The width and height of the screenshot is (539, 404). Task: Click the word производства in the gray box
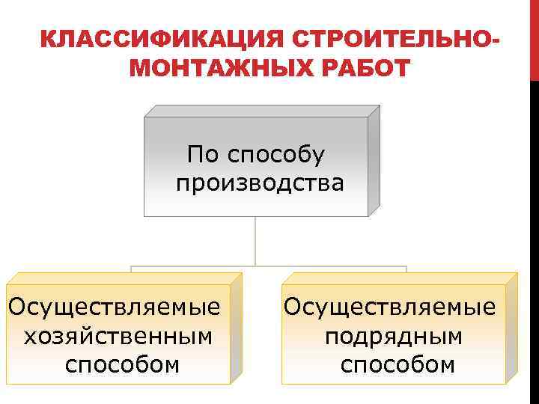[260, 183]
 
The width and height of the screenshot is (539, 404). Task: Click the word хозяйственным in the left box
[118, 336]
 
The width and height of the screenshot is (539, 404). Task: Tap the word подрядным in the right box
[393, 336]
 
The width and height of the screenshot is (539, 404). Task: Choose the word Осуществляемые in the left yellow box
[114, 307]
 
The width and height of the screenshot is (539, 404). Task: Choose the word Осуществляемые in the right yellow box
[389, 307]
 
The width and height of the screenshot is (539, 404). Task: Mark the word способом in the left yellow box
[122, 364]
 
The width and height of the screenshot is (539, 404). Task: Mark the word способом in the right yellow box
[398, 364]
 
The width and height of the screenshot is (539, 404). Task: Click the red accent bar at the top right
[534, 37]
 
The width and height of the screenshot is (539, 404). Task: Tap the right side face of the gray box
[374, 160]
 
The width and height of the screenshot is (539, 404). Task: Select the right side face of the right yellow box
[511, 328]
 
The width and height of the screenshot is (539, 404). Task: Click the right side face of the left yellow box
[236, 328]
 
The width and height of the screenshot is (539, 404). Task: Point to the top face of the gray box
[262, 111]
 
